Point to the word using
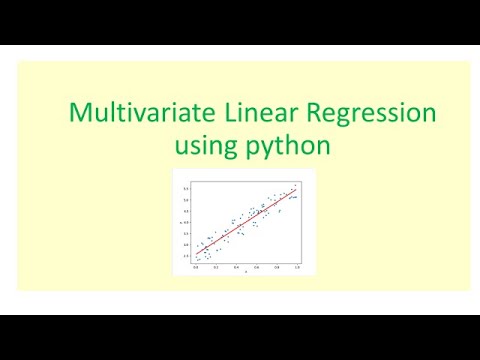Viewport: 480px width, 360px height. pyautogui.click(x=205, y=146)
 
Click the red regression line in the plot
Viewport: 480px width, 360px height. pyautogui.click(x=245, y=223)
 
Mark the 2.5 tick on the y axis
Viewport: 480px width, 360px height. pyautogui.click(x=186, y=257)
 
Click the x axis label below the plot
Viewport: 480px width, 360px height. pyautogui.click(x=246, y=273)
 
